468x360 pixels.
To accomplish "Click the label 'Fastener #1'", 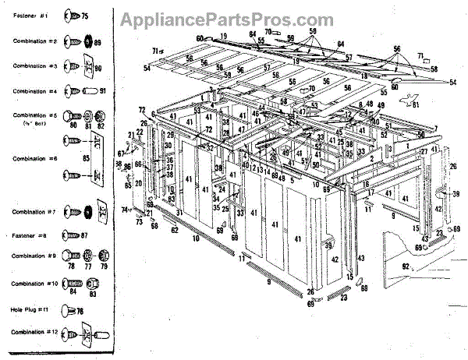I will pyautogui.click(x=29, y=16).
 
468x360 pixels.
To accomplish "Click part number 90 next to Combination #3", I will pyautogui.click(x=100, y=69).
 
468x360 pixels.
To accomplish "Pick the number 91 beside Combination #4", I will pyautogui.click(x=102, y=91).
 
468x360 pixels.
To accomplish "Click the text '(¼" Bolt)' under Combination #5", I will pyautogui.click(x=32, y=122).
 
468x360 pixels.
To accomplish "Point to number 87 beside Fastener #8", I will pyautogui.click(x=83, y=235).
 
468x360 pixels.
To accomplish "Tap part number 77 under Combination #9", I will pyautogui.click(x=86, y=266).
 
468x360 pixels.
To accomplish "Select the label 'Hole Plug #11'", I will pyautogui.click(x=30, y=309).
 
